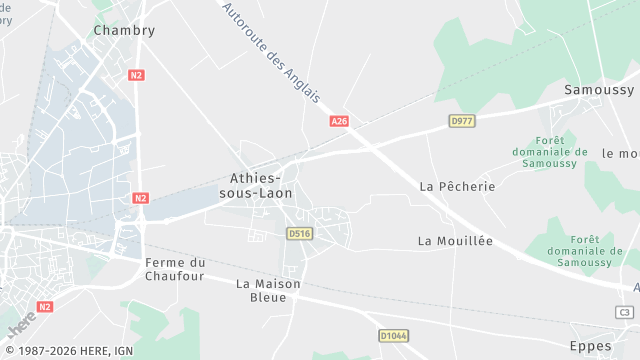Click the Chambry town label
point(124,30)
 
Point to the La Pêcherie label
point(457,186)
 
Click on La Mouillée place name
point(455,241)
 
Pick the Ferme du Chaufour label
point(175,269)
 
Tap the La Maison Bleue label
point(268,290)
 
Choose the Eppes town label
point(589,345)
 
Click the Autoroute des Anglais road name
point(270,52)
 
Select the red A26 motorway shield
point(339,121)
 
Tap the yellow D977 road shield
point(461,121)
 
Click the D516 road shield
point(299,233)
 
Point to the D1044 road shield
point(393,335)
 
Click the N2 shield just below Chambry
point(137,75)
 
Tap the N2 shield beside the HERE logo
point(45,307)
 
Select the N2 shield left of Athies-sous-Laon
point(140,198)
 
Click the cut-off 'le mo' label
point(620,153)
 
